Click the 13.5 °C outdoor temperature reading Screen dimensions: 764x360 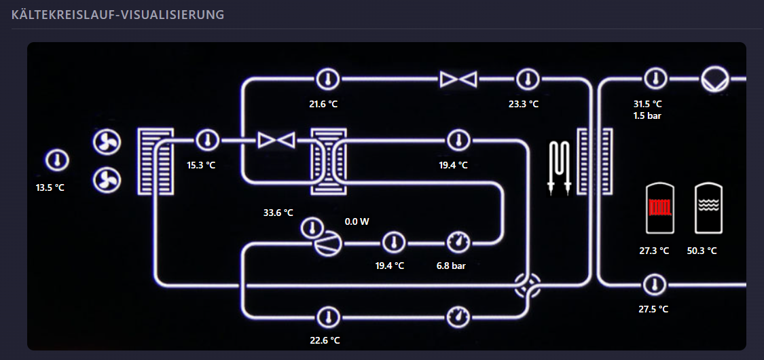[50, 187]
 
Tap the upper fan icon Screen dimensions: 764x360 [107, 142]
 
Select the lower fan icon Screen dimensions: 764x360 [107, 180]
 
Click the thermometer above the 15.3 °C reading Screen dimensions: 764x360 [208, 141]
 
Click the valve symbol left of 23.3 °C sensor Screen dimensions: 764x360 [458, 79]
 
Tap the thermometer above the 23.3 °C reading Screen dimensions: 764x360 [527, 78]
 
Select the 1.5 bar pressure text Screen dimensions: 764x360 [648, 116]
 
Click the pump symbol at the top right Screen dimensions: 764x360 [715, 79]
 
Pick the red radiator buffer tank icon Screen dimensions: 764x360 [660, 208]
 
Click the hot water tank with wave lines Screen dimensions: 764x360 [708, 208]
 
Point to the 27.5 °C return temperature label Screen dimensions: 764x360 [653, 309]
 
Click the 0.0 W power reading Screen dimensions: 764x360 [357, 221]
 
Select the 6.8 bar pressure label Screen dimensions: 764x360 [451, 266]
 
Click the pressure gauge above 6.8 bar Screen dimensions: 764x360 [458, 242]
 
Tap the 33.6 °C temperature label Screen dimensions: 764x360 [278, 213]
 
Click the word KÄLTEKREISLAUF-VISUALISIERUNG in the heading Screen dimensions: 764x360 [118, 15]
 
